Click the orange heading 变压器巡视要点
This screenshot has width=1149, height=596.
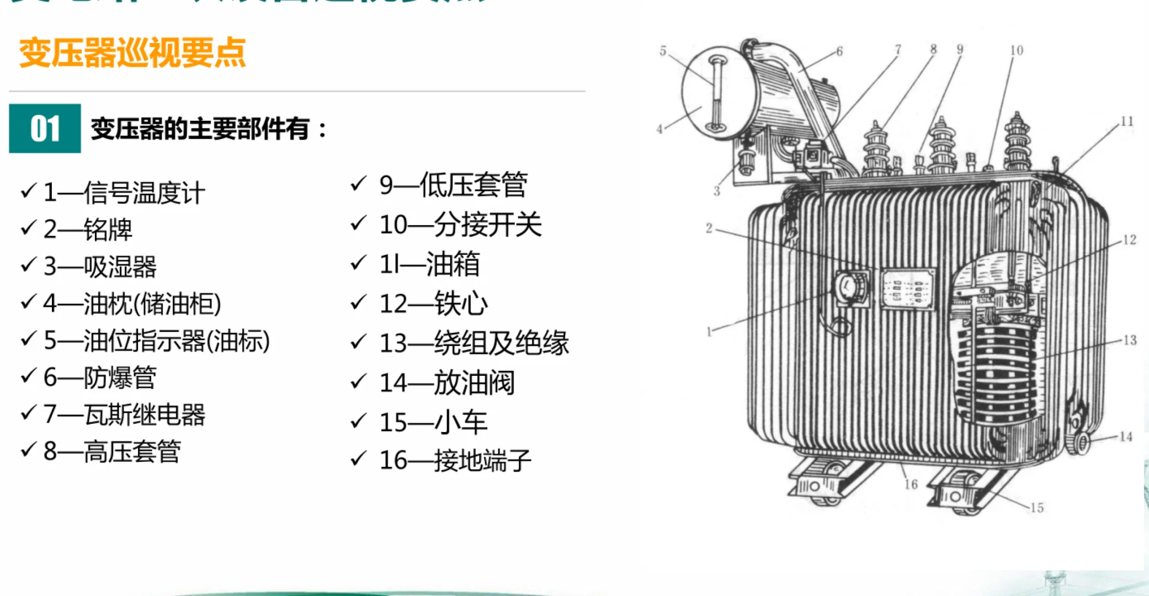[x=132, y=53]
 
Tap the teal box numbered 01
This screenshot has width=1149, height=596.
[x=45, y=129]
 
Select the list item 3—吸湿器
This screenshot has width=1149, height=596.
[x=100, y=267]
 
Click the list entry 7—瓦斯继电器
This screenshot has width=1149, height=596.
[x=124, y=414]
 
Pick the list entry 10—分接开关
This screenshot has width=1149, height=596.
[x=460, y=225]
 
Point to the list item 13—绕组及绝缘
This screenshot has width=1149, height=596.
[x=474, y=343]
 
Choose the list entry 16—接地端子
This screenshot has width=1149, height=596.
[x=455, y=460]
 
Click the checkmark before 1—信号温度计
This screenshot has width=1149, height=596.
[x=28, y=191]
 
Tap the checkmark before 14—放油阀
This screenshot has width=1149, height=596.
[x=359, y=381]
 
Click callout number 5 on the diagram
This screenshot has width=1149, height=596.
[x=663, y=51]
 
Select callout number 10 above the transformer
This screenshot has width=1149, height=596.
[x=1017, y=50]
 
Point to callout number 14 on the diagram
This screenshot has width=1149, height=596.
[x=1126, y=437]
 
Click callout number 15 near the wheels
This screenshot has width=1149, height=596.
[x=1037, y=507]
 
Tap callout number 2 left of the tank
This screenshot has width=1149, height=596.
[x=709, y=228]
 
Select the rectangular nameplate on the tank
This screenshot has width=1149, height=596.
[x=907, y=289]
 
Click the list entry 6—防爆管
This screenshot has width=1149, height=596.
[x=100, y=377]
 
